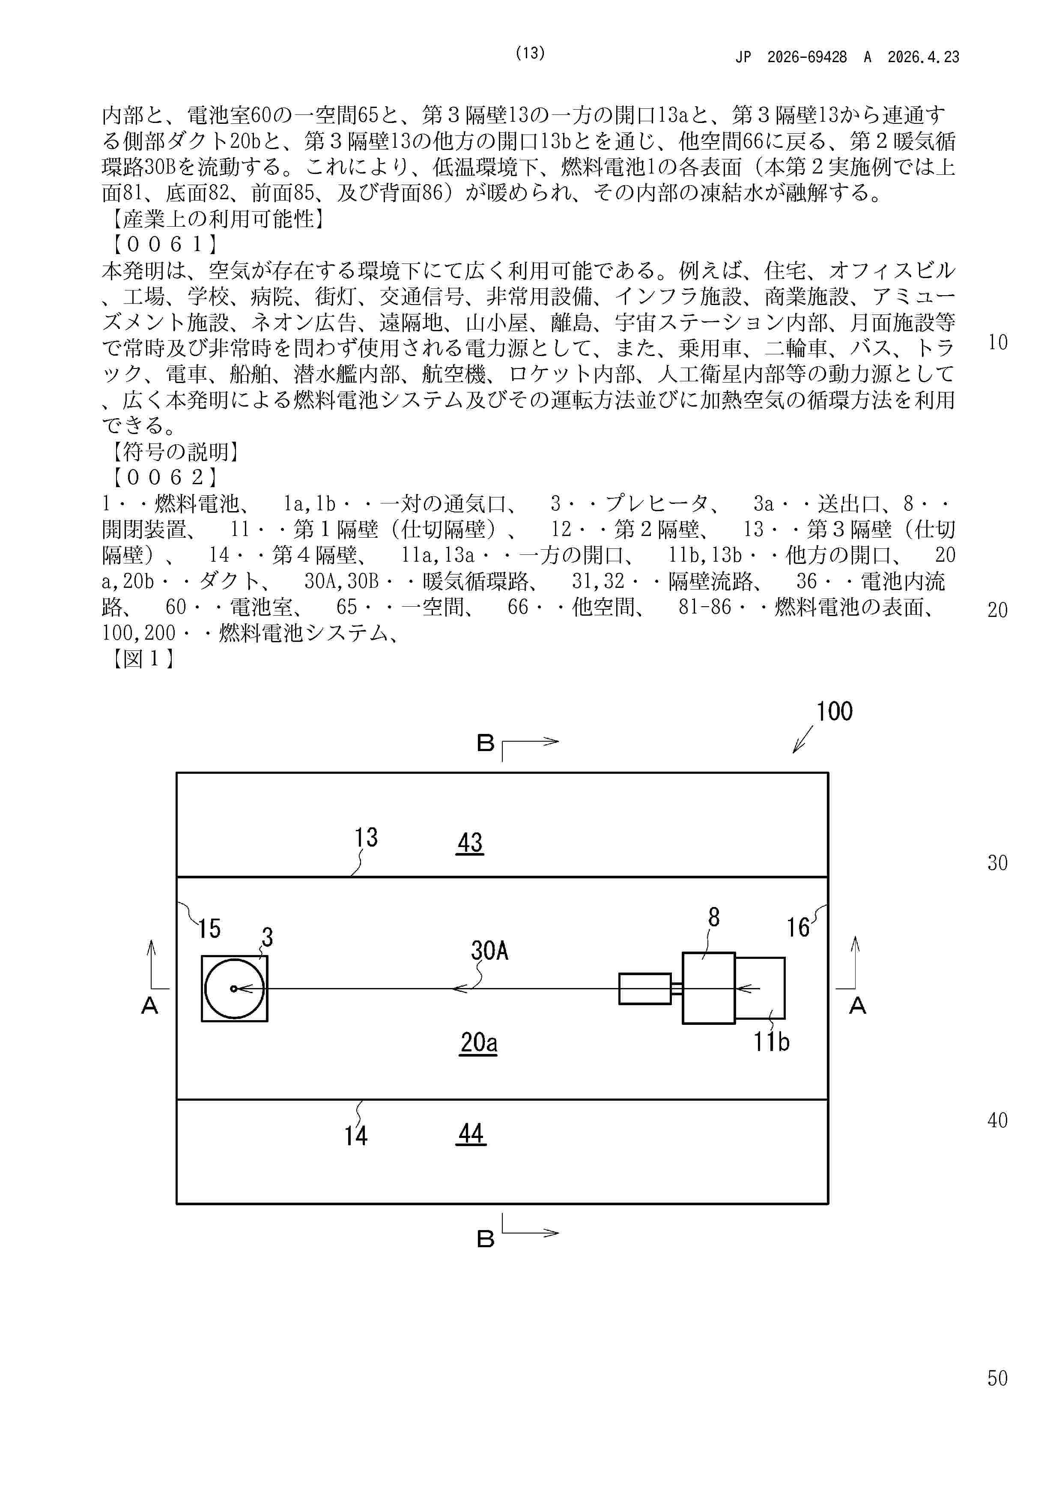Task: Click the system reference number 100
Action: pos(834,712)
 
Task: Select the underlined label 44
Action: pos(471,1134)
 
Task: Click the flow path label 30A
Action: pos(489,950)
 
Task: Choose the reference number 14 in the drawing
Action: pos(356,1136)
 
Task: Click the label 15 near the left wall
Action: pos(209,928)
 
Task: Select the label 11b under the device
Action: pos(772,1042)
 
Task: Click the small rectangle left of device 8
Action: pos(644,989)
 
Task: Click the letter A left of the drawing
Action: pos(150,1006)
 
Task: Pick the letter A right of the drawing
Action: pos(857,1006)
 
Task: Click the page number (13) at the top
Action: pos(530,54)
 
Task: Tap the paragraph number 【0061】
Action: pos(164,245)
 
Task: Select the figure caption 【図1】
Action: pos(141,659)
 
